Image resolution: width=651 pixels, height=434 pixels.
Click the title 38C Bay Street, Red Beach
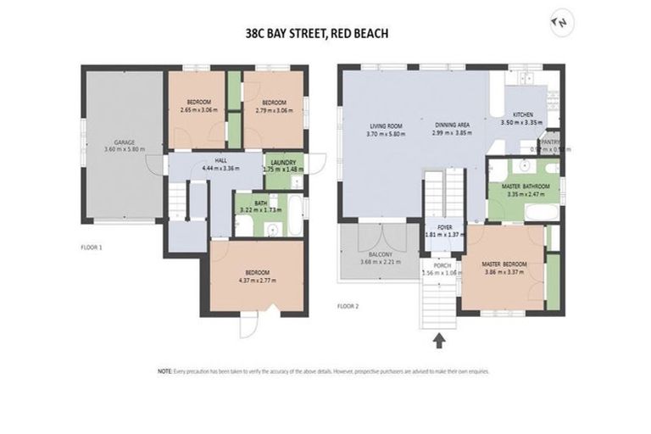tap(315, 35)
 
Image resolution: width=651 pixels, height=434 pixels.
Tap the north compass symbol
tap(558, 23)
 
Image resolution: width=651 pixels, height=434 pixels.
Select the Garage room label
tap(125, 146)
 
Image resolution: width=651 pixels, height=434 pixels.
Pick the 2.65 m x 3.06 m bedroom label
tap(199, 105)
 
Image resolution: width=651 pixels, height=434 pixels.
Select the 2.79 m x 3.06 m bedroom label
tap(273, 105)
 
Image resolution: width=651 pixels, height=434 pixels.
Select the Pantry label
tap(549, 145)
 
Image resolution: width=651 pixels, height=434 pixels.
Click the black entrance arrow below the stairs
tap(440, 341)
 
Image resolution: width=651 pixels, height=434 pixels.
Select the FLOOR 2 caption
tap(350, 305)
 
